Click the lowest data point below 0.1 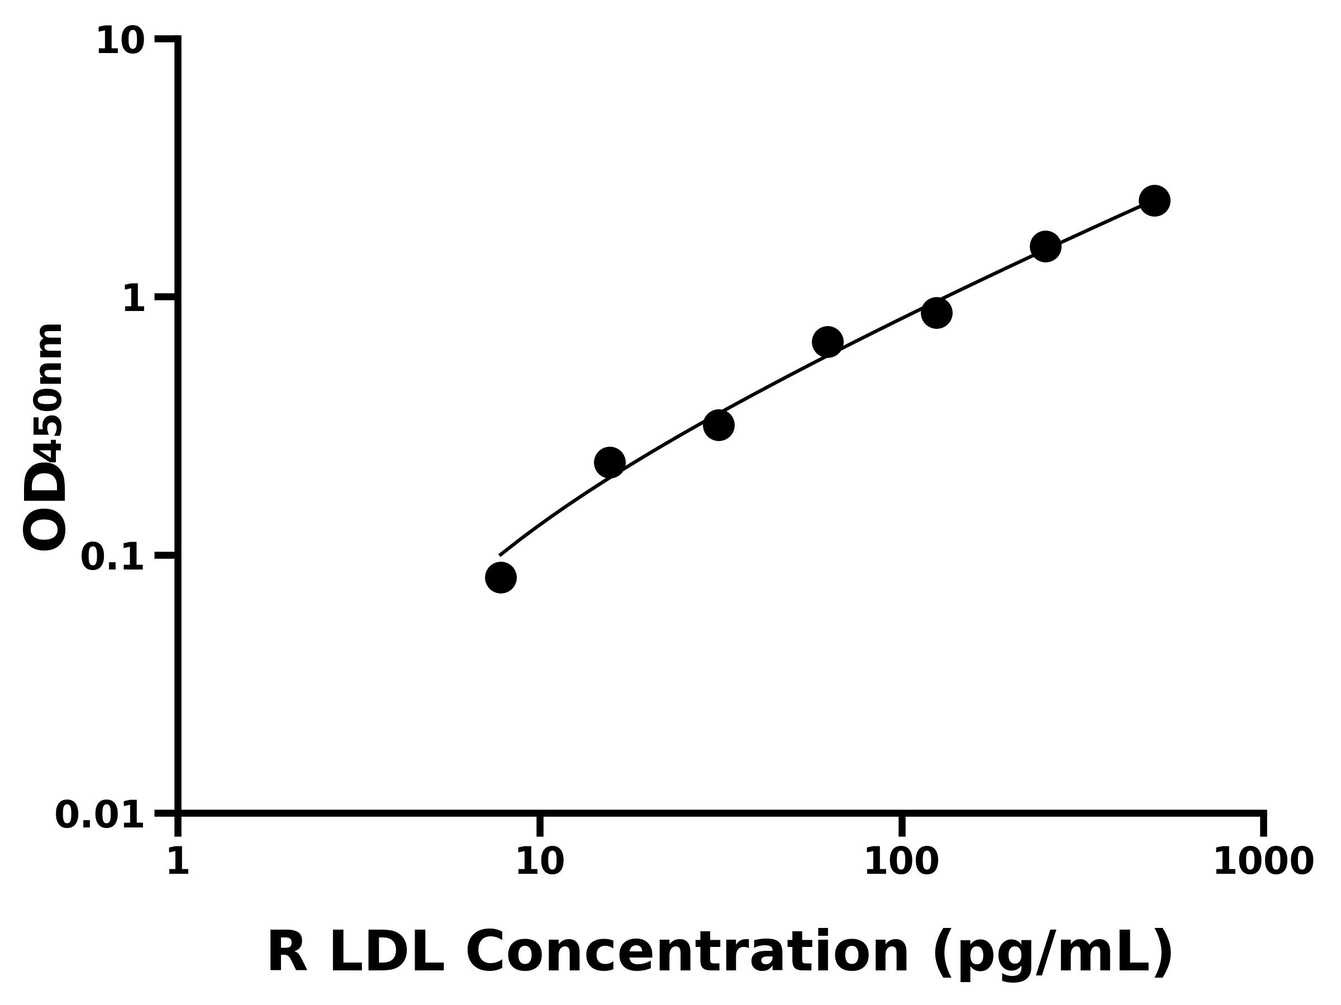pos(501,577)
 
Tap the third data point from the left pos(719,425)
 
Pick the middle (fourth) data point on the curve pos(828,342)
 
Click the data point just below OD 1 pos(936,313)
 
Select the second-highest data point pos(1045,247)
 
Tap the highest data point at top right pos(1154,200)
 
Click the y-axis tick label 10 pos(120,42)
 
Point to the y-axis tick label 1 pos(134,299)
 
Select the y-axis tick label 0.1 pos(113,557)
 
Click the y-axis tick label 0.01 pos(99,815)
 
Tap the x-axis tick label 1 pos(178,862)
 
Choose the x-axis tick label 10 pos(540,862)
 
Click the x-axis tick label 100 pos(901,862)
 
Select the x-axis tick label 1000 pos(1263,862)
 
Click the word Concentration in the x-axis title pos(688,953)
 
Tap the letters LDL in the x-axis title pos(386,953)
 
